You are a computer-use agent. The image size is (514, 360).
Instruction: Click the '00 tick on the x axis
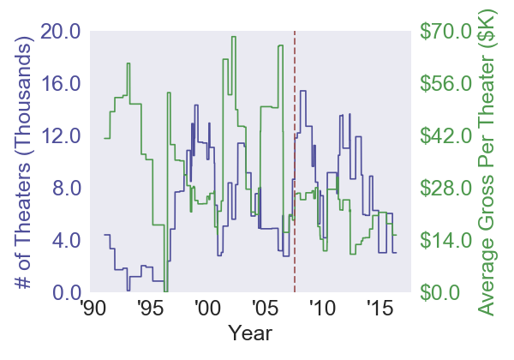(x=206, y=309)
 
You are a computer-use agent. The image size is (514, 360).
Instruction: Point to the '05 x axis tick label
(x=264, y=309)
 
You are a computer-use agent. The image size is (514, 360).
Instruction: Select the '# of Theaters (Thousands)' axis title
(x=24, y=163)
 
